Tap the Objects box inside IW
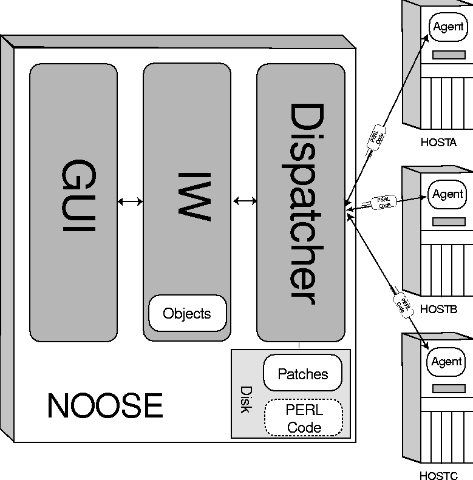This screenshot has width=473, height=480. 187,314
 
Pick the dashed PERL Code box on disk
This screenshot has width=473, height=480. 304,419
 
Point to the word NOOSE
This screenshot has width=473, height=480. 105,406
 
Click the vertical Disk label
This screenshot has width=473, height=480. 245,400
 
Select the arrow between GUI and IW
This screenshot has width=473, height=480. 130,201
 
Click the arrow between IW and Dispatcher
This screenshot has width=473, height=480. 244,201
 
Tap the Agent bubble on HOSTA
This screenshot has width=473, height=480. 448,27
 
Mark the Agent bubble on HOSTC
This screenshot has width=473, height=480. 447,362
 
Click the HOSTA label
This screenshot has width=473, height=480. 438,143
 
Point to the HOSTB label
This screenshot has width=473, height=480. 438,309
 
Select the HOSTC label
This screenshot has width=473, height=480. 438,476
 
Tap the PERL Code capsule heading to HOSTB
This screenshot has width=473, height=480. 384,202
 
